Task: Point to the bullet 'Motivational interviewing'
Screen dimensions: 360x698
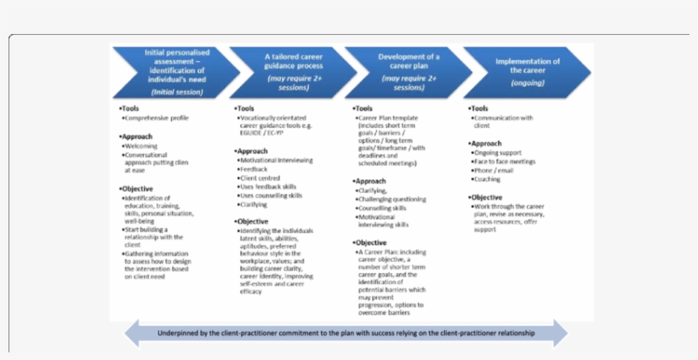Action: (x=276, y=160)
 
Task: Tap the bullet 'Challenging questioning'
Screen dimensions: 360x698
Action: (x=392, y=198)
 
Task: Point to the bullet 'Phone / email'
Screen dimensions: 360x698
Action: (x=499, y=170)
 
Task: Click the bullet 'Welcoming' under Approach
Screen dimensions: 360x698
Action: (x=140, y=146)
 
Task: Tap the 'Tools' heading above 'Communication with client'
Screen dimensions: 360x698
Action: (x=479, y=108)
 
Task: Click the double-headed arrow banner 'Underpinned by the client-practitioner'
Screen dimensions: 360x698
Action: (x=346, y=333)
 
